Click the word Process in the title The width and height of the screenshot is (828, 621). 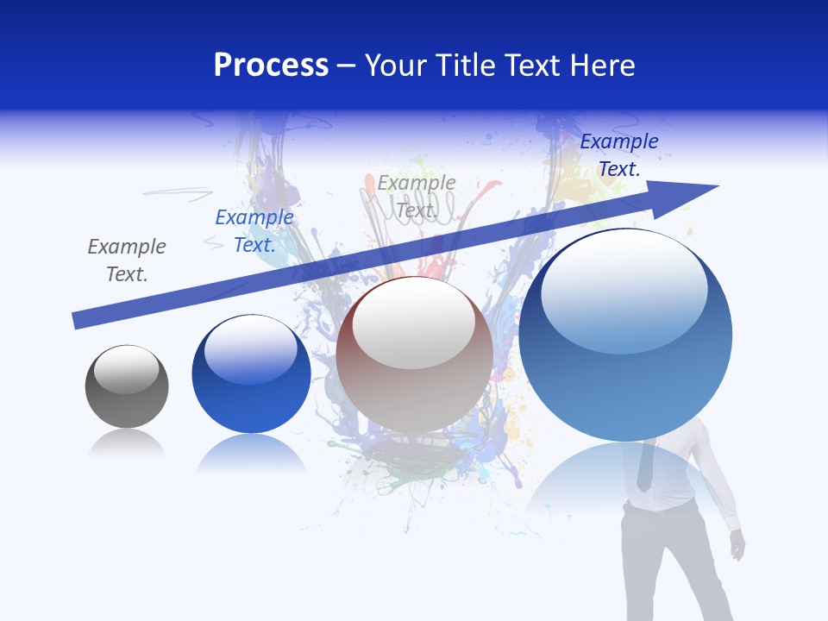tap(271, 66)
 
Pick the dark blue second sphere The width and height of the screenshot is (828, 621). tap(251, 374)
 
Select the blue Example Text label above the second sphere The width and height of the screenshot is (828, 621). tap(254, 231)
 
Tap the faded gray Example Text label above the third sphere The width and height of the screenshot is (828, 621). tap(417, 197)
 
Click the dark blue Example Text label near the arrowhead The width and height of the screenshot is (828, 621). tap(618, 155)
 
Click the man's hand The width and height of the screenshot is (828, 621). tap(737, 543)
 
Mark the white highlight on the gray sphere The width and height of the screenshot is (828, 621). tap(127, 369)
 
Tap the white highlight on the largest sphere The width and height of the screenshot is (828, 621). tap(624, 289)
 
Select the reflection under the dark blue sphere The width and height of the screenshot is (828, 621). tap(251, 453)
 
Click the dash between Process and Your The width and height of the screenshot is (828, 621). tap(347, 66)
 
